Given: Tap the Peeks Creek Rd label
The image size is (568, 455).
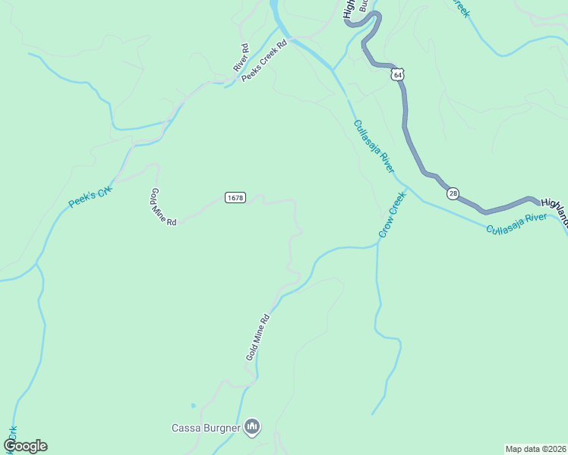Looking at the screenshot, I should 265,60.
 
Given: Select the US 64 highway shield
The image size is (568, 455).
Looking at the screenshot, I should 398,74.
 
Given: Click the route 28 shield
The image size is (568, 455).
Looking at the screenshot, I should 453,193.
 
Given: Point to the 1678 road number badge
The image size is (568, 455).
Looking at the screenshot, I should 235,198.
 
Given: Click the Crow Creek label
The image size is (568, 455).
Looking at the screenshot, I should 393,214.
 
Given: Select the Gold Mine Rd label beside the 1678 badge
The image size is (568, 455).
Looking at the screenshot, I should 163,207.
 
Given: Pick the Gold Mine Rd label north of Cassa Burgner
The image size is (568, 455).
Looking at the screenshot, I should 258,337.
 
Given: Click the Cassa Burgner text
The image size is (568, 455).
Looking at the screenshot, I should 207,428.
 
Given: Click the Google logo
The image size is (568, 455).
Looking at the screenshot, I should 26,446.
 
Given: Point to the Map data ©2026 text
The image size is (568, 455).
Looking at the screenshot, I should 536,449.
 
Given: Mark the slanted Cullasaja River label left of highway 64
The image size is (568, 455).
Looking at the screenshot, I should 374,146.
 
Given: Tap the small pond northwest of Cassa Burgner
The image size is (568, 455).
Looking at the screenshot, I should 193,406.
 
